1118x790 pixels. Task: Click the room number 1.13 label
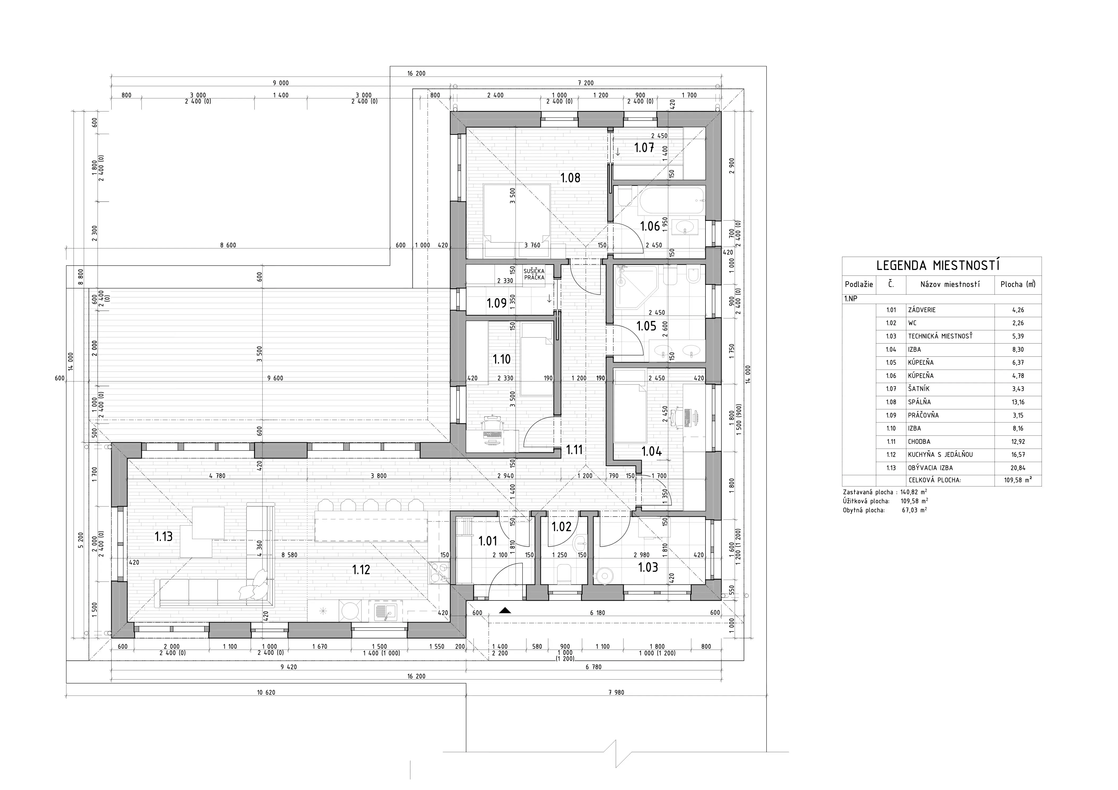point(164,537)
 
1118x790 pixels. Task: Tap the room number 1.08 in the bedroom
point(570,178)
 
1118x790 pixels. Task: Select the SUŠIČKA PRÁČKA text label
point(534,274)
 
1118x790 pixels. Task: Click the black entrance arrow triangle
point(505,610)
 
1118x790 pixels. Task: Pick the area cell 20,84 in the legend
point(1018,468)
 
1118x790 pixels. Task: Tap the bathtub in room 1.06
point(671,200)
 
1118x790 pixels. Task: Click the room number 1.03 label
point(648,567)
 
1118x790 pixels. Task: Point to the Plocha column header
point(1018,284)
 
